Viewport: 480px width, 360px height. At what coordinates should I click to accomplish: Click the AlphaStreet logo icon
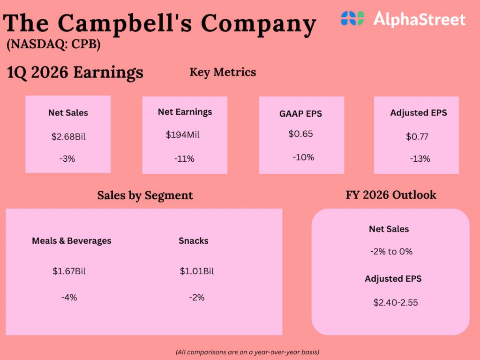point(352,19)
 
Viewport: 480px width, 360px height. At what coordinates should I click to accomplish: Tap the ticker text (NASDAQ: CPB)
point(53,45)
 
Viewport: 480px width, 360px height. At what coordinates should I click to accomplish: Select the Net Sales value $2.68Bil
point(68,137)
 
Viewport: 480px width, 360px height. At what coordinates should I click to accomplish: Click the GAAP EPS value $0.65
point(300,134)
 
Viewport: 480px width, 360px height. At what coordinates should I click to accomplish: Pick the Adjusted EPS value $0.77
point(417,137)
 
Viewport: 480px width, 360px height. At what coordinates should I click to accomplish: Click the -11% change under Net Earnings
point(184,158)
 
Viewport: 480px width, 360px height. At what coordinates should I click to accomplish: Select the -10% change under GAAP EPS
point(303,157)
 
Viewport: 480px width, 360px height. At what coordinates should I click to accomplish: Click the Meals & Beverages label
point(72,241)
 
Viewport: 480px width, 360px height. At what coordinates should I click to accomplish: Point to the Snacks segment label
point(193,241)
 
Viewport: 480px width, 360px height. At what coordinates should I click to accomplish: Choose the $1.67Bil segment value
point(69,271)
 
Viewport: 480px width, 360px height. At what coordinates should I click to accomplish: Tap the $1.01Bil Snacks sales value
point(196,271)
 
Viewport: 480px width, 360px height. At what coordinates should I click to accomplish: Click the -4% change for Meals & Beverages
point(69,297)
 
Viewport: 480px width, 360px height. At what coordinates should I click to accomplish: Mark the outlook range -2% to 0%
point(391,252)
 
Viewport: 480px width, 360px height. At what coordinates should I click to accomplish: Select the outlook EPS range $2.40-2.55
point(395,303)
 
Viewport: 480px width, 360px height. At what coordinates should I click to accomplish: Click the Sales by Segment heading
point(145,195)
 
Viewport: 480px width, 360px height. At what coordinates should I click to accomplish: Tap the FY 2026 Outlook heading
point(391,195)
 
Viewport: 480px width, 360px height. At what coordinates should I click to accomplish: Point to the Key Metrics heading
point(223,72)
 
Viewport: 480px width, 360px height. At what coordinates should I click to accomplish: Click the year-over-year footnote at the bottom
point(247,352)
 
